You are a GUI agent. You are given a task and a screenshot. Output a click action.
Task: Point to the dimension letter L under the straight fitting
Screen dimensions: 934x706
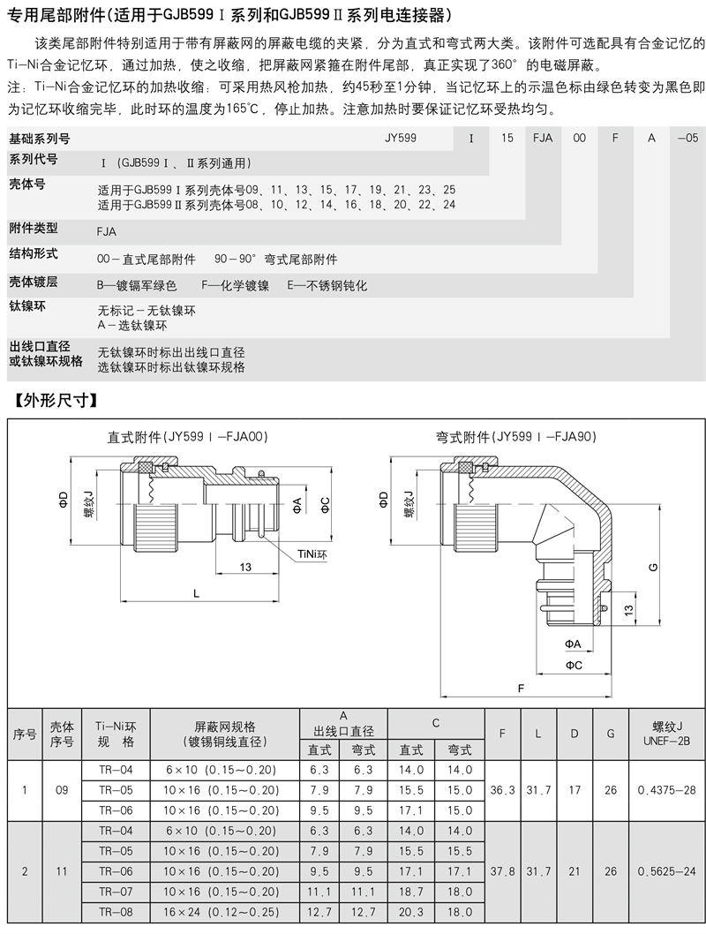click(x=196, y=594)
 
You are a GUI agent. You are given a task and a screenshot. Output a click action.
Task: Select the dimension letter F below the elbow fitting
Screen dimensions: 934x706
click(x=522, y=686)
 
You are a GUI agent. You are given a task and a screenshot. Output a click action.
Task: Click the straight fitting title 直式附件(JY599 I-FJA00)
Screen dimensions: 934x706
click(x=187, y=436)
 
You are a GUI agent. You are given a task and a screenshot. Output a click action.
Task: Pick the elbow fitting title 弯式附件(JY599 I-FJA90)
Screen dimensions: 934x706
click(x=516, y=436)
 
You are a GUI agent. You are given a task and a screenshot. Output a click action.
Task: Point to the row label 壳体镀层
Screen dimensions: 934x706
click(x=34, y=282)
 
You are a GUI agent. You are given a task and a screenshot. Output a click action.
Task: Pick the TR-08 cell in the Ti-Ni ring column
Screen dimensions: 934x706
click(x=116, y=913)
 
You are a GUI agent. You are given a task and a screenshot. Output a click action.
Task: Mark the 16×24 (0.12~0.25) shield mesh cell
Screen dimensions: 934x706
click(x=224, y=913)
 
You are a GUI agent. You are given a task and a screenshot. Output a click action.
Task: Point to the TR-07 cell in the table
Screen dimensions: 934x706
click(x=116, y=893)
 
